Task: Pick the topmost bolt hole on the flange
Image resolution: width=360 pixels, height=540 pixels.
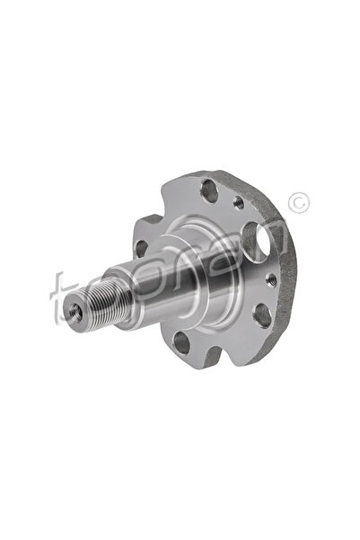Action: [x=208, y=190]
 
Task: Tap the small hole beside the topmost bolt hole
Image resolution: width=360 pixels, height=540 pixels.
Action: [x=238, y=204]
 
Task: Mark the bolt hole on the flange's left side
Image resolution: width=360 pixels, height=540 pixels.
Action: [x=142, y=248]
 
